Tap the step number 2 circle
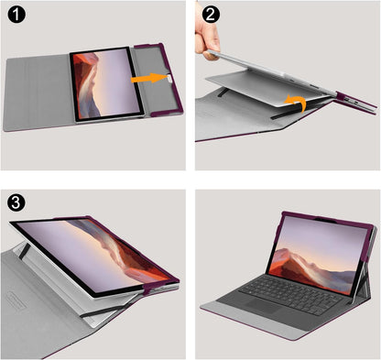[x=210, y=16]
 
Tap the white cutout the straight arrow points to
[x=166, y=80]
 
